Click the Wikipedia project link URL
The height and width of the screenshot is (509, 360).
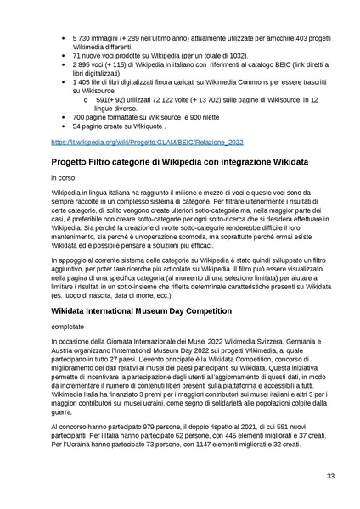pos(147,144)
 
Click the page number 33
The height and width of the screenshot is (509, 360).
pos(331,477)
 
